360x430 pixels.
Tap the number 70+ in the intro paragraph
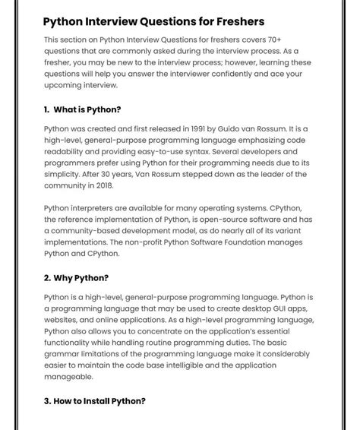(x=292, y=40)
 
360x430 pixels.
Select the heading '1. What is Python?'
(x=82, y=109)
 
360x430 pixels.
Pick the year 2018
(x=101, y=185)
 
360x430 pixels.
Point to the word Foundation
(x=237, y=242)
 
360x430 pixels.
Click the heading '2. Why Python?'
(x=76, y=278)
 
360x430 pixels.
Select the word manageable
(x=68, y=377)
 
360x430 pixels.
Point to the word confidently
(x=239, y=74)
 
